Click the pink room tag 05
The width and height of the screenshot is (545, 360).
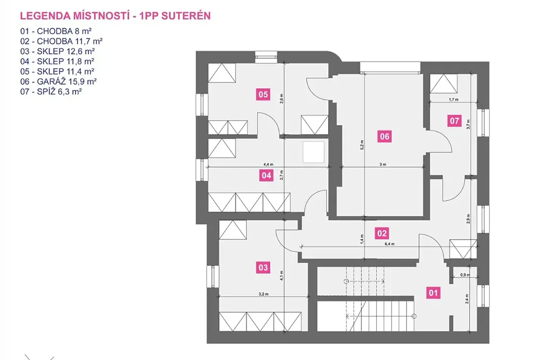tap(263, 95)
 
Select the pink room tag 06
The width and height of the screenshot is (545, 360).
tap(384, 137)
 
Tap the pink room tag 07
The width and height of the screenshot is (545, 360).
tap(454, 121)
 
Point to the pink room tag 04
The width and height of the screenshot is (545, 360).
tap(266, 176)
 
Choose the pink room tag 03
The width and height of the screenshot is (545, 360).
tap(262, 267)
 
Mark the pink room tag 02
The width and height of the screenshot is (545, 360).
tap(382, 233)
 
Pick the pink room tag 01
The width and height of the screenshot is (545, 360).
tap(433, 292)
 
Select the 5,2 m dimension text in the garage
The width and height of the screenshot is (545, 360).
tap(362, 145)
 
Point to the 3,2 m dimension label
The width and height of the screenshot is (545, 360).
tap(262, 293)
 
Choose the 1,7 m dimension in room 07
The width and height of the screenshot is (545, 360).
tap(453, 100)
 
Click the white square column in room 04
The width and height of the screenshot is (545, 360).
tap(313, 153)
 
